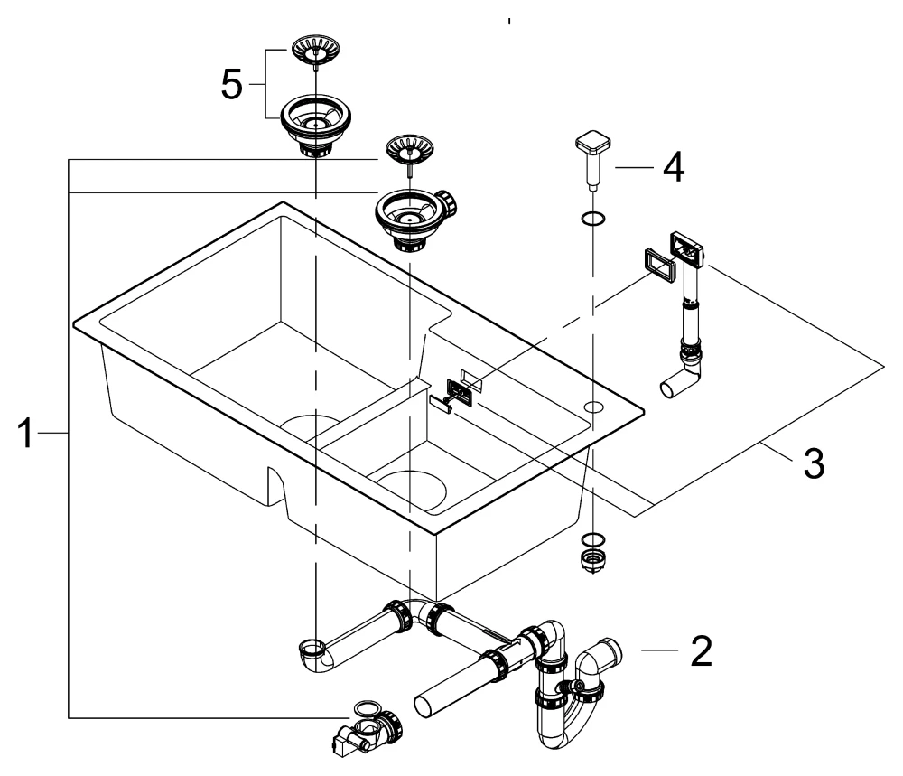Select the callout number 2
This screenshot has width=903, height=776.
coord(700,651)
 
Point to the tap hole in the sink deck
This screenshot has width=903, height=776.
coord(593,407)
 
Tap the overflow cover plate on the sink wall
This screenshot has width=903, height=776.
coord(460,391)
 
